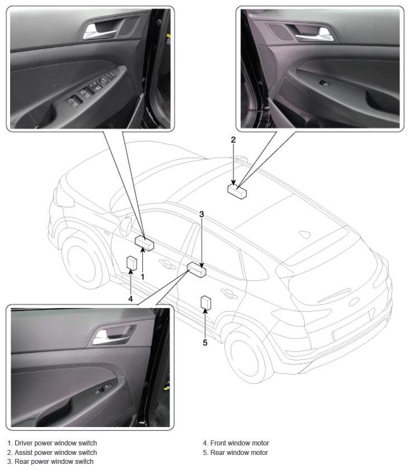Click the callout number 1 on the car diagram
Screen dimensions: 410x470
click(142, 277)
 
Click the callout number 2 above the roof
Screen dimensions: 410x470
click(233, 140)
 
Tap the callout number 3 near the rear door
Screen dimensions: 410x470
click(202, 214)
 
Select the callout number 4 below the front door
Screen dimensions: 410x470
click(131, 299)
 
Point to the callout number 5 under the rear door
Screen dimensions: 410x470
click(205, 342)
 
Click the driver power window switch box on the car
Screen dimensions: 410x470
click(144, 242)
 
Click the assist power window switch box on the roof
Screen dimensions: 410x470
click(237, 191)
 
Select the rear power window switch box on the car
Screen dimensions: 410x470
click(197, 269)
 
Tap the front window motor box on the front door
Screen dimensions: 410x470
click(132, 263)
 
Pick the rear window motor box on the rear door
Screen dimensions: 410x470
click(206, 303)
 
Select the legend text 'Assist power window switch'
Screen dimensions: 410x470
click(56, 452)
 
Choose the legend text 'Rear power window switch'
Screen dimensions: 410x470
click(54, 461)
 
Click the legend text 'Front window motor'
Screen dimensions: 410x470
click(240, 443)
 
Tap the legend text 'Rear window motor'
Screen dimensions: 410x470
click(239, 452)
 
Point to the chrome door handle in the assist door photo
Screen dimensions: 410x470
click(315, 35)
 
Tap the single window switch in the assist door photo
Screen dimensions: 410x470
click(325, 83)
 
